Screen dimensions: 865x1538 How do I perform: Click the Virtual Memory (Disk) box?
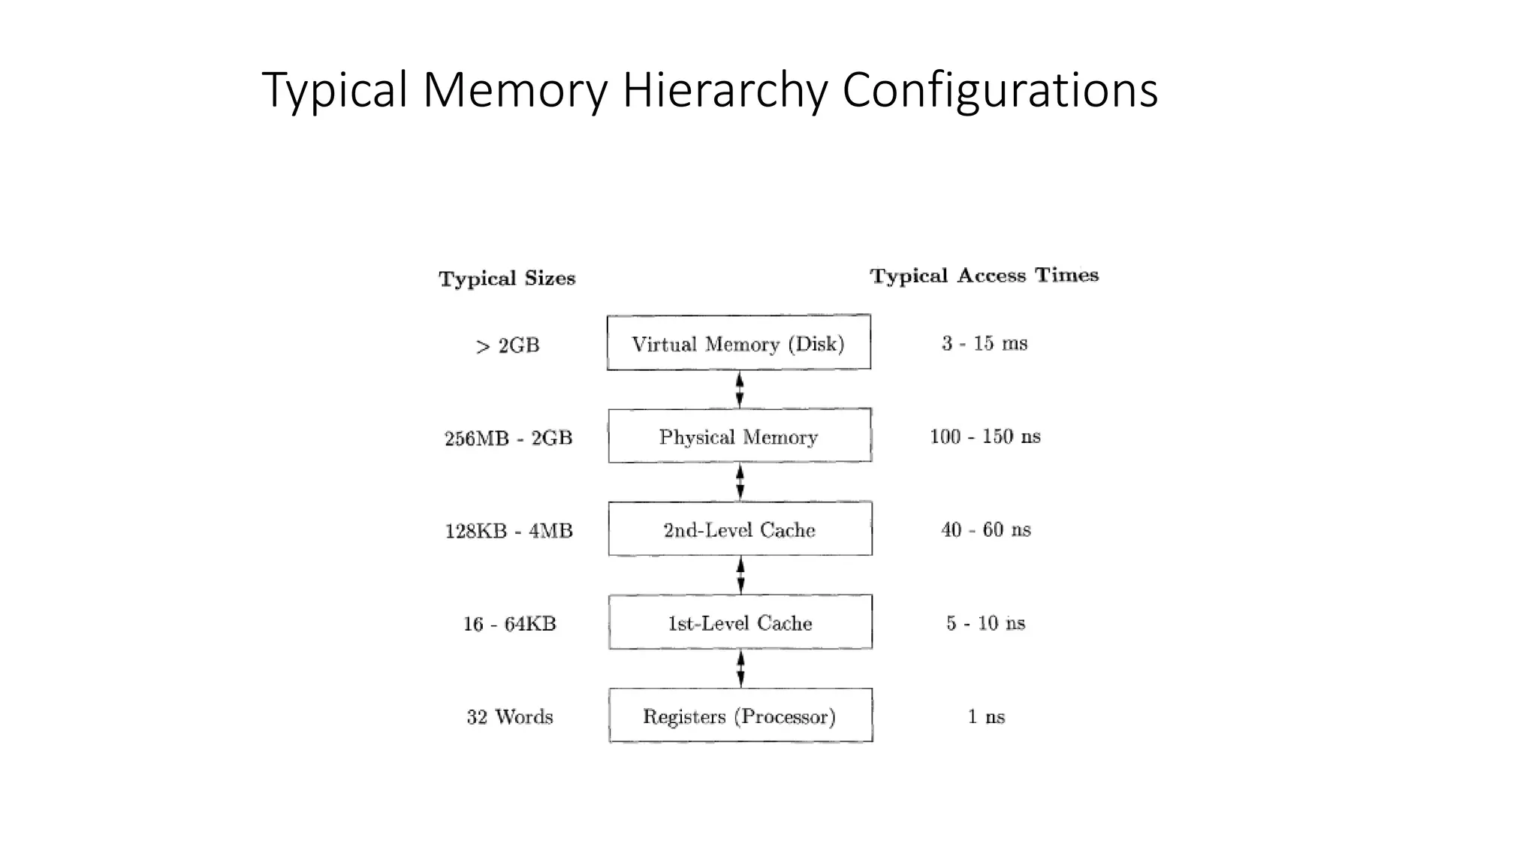tap(738, 343)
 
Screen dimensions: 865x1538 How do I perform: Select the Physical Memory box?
tap(739, 436)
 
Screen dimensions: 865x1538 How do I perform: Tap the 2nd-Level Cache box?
tap(740, 529)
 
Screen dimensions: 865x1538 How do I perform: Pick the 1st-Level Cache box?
tap(740, 622)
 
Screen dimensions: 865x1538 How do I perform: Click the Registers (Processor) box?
tap(740, 716)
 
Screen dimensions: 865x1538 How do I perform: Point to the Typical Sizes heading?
tap(507, 279)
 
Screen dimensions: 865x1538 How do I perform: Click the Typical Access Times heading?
tap(984, 276)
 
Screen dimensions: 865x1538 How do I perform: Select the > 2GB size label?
tap(508, 345)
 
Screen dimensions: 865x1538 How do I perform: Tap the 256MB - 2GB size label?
tap(508, 438)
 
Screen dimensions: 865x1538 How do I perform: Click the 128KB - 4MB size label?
tap(508, 531)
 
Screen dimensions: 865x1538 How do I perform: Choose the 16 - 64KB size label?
tap(509, 624)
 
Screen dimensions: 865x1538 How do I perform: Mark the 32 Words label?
tap(509, 717)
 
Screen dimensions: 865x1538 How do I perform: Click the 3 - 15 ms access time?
tap(985, 343)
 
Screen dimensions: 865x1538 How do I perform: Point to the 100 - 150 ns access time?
tap(985, 436)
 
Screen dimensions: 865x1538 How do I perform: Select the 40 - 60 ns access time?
tap(985, 529)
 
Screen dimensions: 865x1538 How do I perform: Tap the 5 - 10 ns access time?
tap(985, 622)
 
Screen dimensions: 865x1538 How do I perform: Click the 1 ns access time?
tap(985, 716)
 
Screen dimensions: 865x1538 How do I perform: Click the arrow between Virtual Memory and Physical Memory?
tap(740, 390)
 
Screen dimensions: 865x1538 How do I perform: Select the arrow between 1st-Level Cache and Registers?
tap(740, 669)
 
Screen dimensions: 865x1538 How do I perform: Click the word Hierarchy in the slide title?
tap(724, 90)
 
